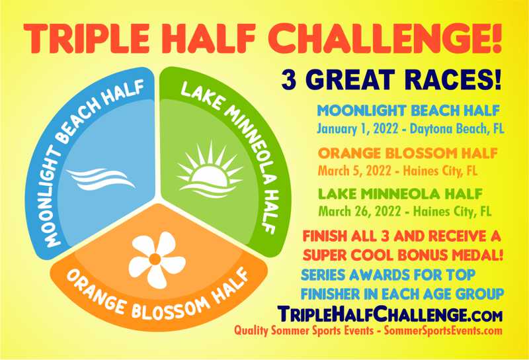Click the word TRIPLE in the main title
click(x=87, y=39)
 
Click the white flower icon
click(x=157, y=259)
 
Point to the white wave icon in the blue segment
click(x=101, y=179)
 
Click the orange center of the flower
click(x=155, y=259)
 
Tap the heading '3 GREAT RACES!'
click(x=391, y=80)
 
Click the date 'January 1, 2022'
click(x=357, y=128)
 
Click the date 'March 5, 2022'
click(x=354, y=171)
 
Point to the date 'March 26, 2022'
click(x=360, y=212)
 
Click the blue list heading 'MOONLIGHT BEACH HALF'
click(x=408, y=111)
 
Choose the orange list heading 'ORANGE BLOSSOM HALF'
click(x=407, y=154)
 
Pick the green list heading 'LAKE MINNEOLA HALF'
click(x=401, y=194)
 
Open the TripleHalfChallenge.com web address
click(x=390, y=314)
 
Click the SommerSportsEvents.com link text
click(x=443, y=330)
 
